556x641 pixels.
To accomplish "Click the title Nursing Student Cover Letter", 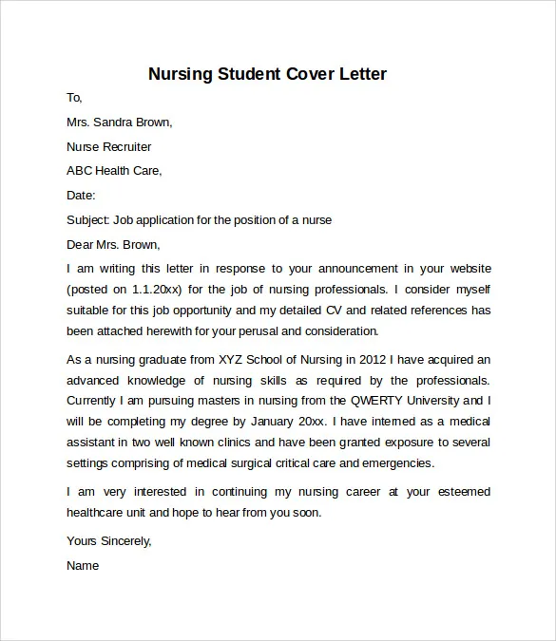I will coord(268,74).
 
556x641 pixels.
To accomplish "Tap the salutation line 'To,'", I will coord(75,97).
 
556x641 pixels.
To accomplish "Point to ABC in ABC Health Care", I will coord(80,171).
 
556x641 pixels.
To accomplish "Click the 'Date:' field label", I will coord(81,196).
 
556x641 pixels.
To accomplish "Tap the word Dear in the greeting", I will coord(81,244).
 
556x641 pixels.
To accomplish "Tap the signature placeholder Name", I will coord(83,565).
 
